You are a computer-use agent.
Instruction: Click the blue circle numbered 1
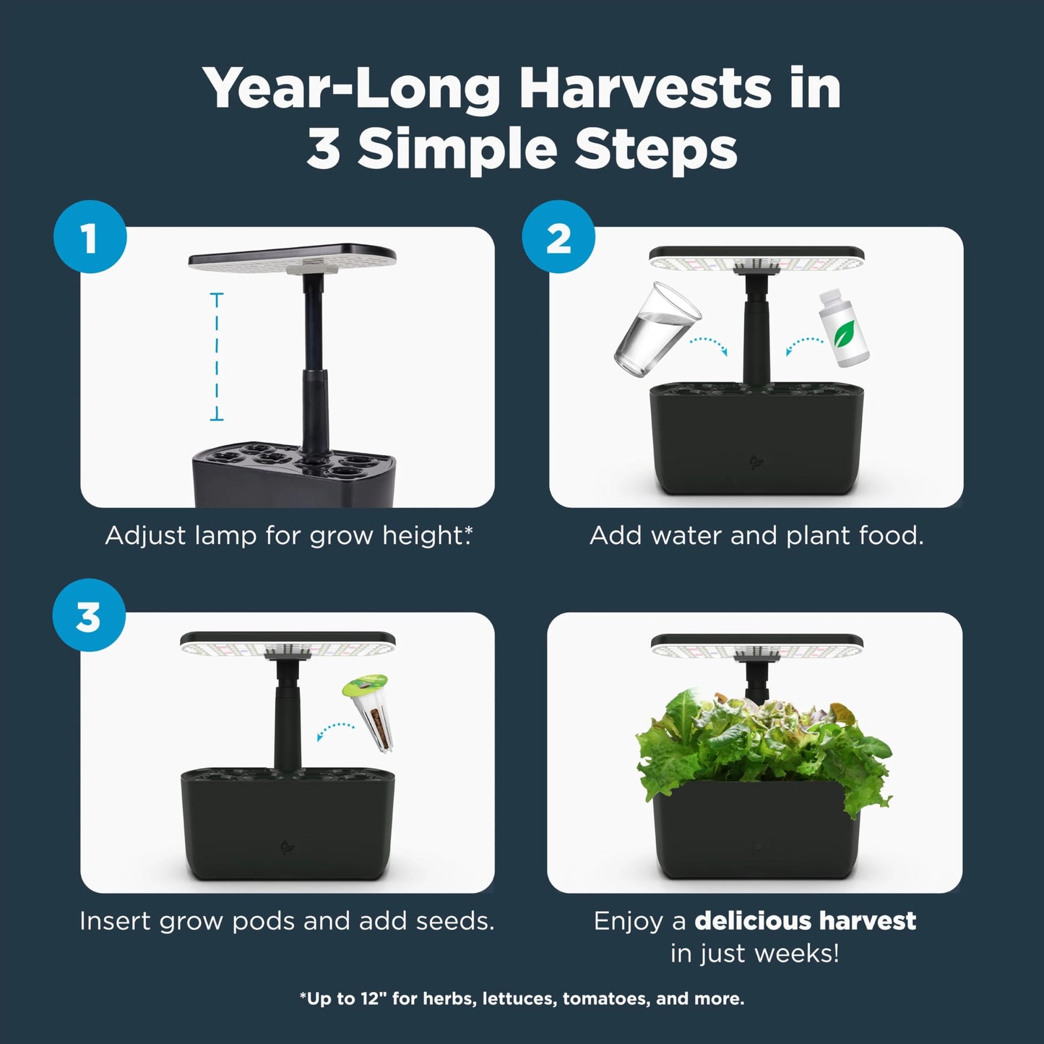tap(90, 237)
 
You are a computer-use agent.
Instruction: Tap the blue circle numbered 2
tap(558, 237)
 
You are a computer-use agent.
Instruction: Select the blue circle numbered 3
tap(89, 616)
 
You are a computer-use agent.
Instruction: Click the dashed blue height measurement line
tap(216, 356)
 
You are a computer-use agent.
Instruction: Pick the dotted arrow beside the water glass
tap(707, 344)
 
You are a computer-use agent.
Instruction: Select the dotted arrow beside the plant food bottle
tap(804, 345)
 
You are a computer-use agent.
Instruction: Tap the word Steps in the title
tap(655, 150)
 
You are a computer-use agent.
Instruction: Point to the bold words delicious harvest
tap(805, 920)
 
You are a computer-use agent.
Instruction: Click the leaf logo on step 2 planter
tap(756, 462)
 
